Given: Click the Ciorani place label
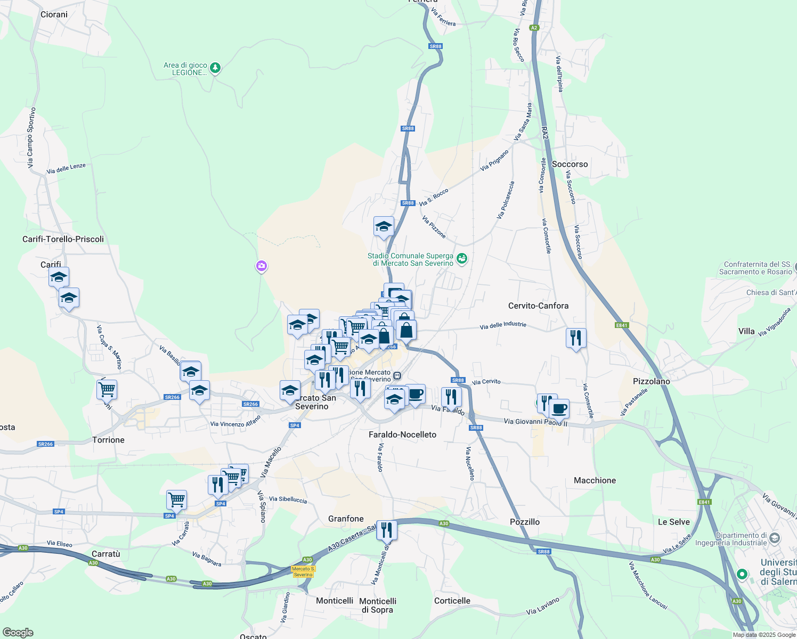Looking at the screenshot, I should point(54,14).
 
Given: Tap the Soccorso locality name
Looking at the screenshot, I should point(570,164).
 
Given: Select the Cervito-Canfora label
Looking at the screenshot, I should point(538,306).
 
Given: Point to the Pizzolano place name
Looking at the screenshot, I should point(651,381).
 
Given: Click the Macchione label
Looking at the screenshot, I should point(595,480).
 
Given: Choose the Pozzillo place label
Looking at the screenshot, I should point(524,522).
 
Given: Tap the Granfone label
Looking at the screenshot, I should point(346,519).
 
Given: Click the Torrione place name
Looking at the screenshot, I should point(108,440).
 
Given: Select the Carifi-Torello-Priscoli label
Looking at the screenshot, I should point(63,239).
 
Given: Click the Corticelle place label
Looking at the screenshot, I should point(452,601).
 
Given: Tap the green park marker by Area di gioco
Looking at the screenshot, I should point(215,68).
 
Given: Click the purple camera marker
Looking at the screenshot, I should point(261,266).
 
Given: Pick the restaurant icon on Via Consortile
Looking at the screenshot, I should point(576,338).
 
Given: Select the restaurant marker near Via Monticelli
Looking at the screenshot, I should point(386,530).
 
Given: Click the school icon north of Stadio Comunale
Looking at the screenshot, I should point(384,227).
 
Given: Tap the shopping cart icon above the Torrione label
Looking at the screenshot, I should point(107,389).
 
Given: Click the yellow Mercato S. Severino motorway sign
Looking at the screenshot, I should point(303,571).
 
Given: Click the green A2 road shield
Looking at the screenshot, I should point(534,28).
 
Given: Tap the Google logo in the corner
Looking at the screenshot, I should point(18,633).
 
